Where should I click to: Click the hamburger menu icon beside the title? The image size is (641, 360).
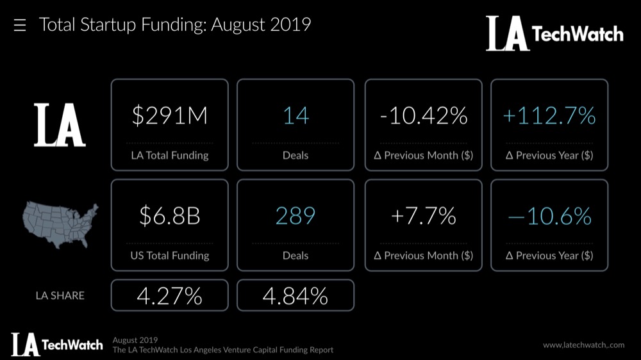[x=19, y=26]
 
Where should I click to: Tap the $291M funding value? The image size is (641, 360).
[x=169, y=116]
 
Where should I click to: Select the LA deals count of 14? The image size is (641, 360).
[x=296, y=116]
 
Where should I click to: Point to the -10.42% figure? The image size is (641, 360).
[x=423, y=116]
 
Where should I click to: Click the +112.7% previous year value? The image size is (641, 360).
[x=549, y=116]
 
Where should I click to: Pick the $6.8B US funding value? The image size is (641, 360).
[x=169, y=216]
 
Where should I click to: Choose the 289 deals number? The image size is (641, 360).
[x=296, y=216]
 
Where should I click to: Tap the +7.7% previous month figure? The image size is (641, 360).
[x=423, y=216]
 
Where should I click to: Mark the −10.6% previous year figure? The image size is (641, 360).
[x=549, y=216]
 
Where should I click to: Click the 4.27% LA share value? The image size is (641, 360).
[x=169, y=295]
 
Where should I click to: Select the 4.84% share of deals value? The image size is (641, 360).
[x=296, y=295]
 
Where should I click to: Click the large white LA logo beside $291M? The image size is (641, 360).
[x=60, y=124]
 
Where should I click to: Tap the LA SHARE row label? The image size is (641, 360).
[x=60, y=295]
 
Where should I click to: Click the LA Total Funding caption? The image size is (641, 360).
[x=169, y=155]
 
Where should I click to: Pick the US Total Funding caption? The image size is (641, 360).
[x=169, y=255]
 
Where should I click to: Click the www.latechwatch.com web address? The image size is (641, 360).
[x=583, y=345]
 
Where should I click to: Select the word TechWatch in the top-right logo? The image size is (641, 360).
[x=578, y=34]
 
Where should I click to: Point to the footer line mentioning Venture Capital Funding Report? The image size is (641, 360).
[x=222, y=350]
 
